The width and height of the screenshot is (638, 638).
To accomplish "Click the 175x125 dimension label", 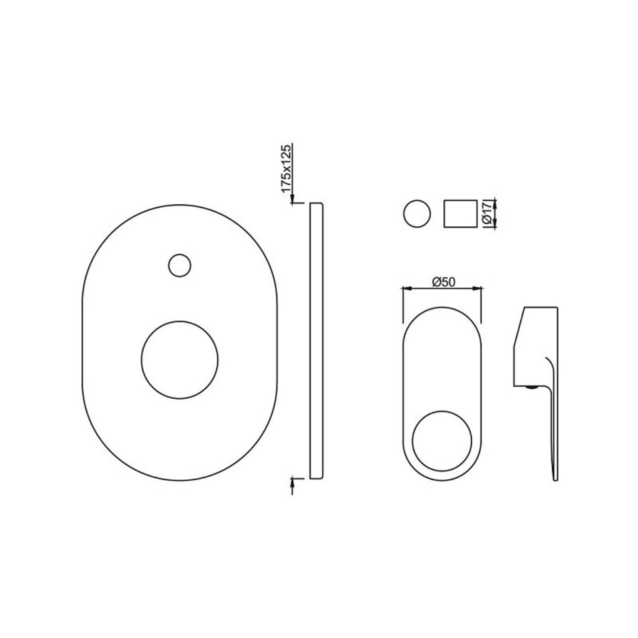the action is (287, 169).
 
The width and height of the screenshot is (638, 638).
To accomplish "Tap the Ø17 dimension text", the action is (487, 213).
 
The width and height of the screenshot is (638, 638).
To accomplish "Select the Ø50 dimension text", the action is (444, 281).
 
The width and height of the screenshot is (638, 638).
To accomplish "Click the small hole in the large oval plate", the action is (179, 266).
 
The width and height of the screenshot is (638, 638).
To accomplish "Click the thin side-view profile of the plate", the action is (316, 340).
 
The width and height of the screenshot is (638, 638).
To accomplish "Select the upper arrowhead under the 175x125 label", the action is (291, 199).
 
